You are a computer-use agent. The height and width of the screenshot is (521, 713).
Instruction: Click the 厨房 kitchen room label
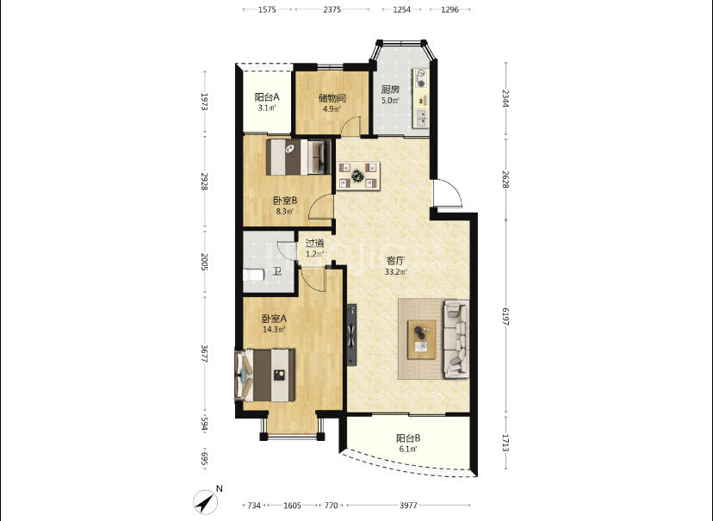coord(390,89)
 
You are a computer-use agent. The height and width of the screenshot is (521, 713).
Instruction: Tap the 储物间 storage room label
coord(332,98)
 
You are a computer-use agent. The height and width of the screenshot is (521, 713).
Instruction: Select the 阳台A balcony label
coord(266,96)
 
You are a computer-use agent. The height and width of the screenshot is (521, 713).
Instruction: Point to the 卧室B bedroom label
coord(285,200)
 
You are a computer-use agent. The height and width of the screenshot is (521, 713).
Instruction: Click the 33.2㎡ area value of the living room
coord(395,272)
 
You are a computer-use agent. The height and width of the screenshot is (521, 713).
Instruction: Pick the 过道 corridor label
coord(314,243)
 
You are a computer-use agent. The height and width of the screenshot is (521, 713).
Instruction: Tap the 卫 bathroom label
coord(277,271)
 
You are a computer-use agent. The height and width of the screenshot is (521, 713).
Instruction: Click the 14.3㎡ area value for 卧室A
coord(274,330)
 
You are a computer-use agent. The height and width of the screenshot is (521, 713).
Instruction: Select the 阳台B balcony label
coord(408,438)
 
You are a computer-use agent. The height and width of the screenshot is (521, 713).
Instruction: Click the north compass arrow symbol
coord(206,501)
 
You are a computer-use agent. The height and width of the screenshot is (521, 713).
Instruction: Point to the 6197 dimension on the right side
coord(505,316)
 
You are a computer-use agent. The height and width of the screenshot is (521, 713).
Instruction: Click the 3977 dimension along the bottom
coord(408,505)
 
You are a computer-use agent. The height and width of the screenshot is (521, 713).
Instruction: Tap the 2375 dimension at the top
coord(332,9)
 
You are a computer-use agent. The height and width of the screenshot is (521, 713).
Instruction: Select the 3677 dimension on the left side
coord(204,354)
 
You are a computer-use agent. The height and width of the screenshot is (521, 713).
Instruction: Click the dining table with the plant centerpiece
coord(358,176)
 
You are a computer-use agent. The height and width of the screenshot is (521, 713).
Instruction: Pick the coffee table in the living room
coord(422,339)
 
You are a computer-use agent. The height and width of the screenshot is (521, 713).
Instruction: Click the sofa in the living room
coord(456,338)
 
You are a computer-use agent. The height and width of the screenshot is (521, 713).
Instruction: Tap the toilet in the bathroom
coord(253,275)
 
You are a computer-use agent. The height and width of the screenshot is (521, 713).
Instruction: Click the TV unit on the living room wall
coord(352,335)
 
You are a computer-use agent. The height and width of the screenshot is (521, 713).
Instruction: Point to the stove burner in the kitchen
coord(421,78)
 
